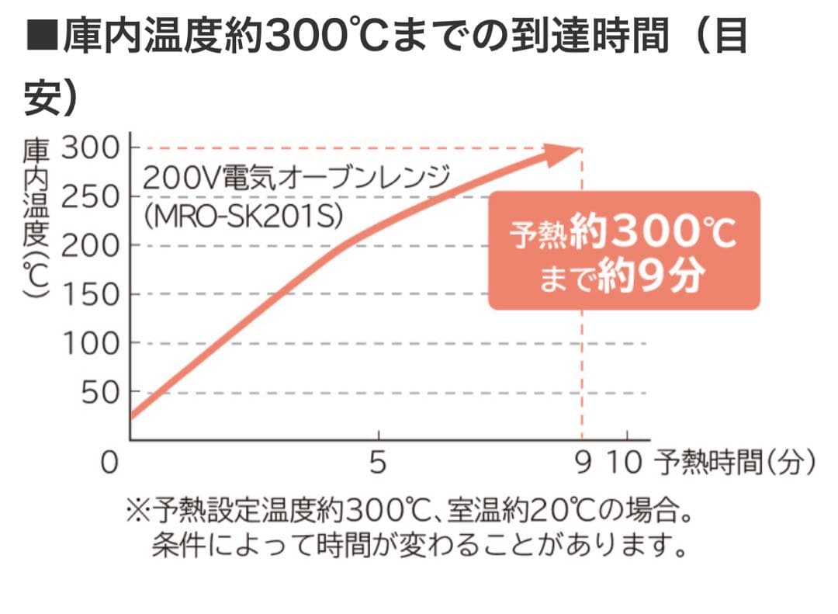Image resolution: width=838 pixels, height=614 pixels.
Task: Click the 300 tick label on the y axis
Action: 90,147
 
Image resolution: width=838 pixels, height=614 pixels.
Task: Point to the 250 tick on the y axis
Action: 90,196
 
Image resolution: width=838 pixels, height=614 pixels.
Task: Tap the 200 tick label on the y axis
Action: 90,245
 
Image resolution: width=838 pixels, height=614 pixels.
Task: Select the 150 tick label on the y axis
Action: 90,294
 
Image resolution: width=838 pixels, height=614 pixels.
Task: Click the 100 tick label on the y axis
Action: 90,343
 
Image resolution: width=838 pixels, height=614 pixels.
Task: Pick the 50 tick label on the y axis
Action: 99,393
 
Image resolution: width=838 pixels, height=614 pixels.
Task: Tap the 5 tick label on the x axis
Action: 378,463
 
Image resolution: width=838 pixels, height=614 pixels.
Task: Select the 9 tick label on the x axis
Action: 583,463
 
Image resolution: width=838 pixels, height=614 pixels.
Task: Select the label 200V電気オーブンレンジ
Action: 296,179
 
